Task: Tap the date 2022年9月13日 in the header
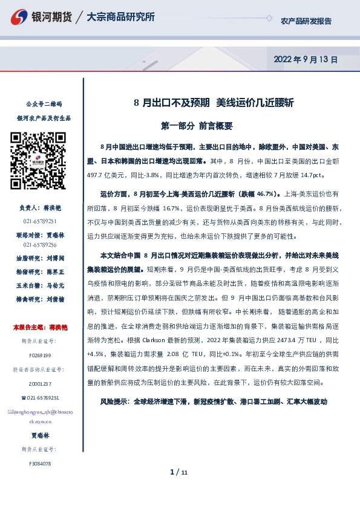[x=306, y=60]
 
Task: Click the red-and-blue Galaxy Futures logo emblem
[x=19, y=18]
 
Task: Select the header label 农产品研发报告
[x=306, y=21]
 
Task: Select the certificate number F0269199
[x=40, y=355]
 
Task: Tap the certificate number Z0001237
[x=40, y=384]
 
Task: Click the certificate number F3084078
[x=40, y=464]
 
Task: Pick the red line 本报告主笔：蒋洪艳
[x=40, y=328]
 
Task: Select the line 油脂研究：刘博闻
[x=40, y=256]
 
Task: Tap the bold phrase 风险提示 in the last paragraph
[x=114, y=401]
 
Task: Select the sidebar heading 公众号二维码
[x=40, y=105]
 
